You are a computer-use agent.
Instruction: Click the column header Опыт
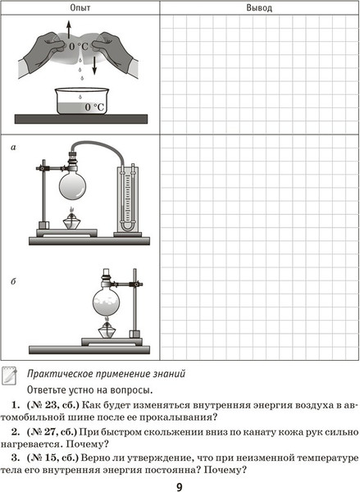pyautogui.click(x=80, y=7)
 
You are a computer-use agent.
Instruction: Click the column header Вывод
pyautogui.click(x=259, y=7)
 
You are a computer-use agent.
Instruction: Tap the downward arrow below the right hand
pyautogui.click(x=94, y=66)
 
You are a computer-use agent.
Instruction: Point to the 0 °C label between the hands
pyautogui.click(x=79, y=47)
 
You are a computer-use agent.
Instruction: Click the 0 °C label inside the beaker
pyautogui.click(x=94, y=107)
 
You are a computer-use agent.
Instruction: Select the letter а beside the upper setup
pyautogui.click(x=13, y=147)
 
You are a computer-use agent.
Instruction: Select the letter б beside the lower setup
pyautogui.click(x=13, y=280)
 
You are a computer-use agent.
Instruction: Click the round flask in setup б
pyautogui.click(x=107, y=301)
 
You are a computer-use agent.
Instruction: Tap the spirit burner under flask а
pyautogui.click(x=72, y=220)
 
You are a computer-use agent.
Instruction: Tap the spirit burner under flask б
pyautogui.click(x=107, y=329)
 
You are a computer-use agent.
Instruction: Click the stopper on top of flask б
pyautogui.click(x=107, y=273)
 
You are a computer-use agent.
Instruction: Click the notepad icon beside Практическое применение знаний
pyautogui.click(x=9, y=376)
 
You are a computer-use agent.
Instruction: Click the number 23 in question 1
pyautogui.click(x=46, y=405)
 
